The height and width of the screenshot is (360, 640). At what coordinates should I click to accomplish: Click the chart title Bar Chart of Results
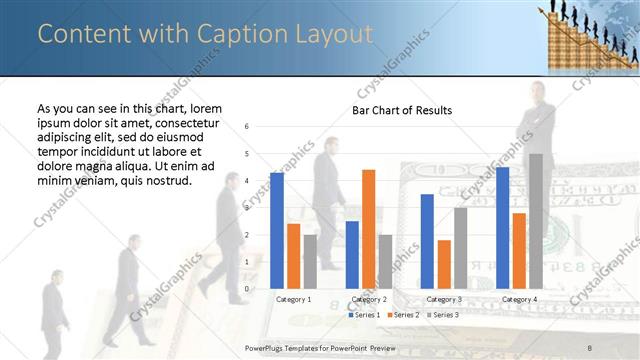pos(401,110)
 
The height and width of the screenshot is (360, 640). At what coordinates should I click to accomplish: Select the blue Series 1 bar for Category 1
pos(277,230)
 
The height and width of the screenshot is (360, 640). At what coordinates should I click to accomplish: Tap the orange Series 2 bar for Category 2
pos(368,228)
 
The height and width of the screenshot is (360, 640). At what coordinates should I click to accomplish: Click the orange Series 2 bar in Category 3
pos(443,264)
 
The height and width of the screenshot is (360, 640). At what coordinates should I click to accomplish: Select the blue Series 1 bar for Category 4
pos(502,227)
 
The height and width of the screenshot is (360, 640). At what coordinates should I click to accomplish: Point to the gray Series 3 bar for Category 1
pos(309,261)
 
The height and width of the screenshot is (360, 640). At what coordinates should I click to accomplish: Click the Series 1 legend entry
pos(365,315)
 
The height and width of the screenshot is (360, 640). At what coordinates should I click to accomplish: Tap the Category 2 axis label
pos(368,299)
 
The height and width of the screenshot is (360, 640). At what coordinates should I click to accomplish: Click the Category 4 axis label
pos(519,299)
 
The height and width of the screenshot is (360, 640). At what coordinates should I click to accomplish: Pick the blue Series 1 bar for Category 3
pos(427,241)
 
